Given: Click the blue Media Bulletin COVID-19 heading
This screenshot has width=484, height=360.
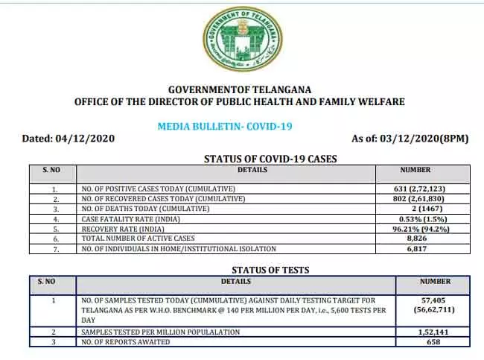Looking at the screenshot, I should (x=225, y=126).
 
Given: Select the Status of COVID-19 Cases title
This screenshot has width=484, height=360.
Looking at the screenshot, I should (x=270, y=158).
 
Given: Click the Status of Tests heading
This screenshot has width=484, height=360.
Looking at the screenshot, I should (x=270, y=269).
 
